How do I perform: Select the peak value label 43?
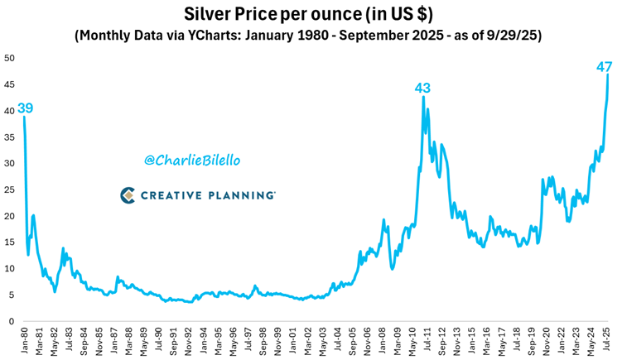click(423, 88)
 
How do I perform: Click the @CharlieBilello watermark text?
click(186, 160)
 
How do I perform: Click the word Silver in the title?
click(201, 14)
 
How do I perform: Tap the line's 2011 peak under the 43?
click(424, 97)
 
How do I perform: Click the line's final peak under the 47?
click(609, 75)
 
